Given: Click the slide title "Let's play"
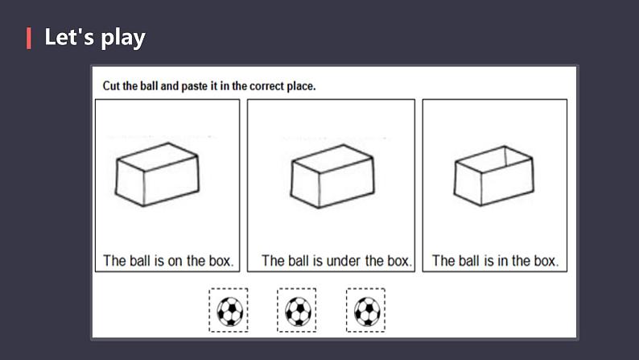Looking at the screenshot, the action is pos(94,38).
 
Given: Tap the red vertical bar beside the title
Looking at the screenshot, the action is pos(28,39).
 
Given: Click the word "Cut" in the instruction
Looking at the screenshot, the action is pos(112,86).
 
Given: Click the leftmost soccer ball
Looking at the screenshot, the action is pos(230,312).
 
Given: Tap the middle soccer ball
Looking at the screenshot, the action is pos(298,312).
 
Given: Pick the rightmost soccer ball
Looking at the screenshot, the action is pos(367,312).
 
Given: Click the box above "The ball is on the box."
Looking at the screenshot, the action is pos(157,175).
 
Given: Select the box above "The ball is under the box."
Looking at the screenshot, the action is pos(332,176).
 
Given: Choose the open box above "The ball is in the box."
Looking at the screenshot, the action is pos(494,176).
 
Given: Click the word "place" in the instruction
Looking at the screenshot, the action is pos(300,86).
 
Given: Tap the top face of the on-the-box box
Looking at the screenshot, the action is pos(157,156).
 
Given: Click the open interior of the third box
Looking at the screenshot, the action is pos(494,159).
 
